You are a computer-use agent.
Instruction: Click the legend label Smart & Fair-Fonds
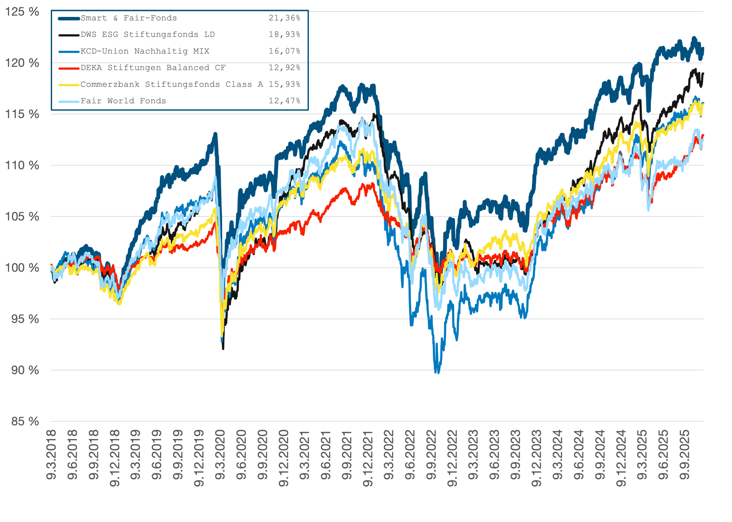[x=129, y=18]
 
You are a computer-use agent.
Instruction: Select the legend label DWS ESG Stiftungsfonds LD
[x=148, y=34]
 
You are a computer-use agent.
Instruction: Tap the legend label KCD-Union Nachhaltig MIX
[x=145, y=51]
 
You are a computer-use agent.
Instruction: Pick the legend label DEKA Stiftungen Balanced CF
[x=153, y=68]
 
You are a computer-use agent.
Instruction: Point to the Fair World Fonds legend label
[x=123, y=101]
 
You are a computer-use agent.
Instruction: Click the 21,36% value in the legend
[x=284, y=18]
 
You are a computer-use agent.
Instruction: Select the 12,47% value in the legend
[x=284, y=101]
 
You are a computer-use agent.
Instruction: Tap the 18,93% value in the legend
[x=284, y=34]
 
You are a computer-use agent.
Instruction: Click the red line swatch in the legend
[x=69, y=68]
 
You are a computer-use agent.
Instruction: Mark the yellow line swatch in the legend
[x=69, y=85]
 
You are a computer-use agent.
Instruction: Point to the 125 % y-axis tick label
[x=22, y=12]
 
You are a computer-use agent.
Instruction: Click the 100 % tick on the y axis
[x=22, y=268]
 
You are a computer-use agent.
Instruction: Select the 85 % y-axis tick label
[x=25, y=421]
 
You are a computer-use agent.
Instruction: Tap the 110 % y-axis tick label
[x=22, y=166]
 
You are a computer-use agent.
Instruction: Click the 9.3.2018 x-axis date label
[x=51, y=455]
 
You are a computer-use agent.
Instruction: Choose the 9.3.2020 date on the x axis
[x=220, y=455]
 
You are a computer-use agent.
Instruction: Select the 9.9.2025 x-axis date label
[x=684, y=455]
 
